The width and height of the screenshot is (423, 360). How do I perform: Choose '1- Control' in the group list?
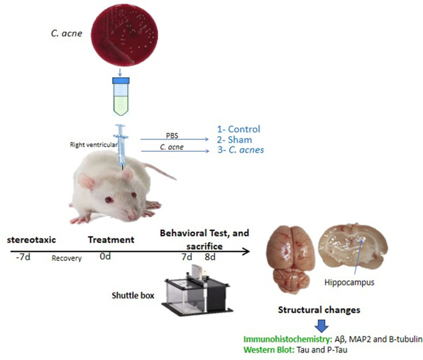[x=239, y=129]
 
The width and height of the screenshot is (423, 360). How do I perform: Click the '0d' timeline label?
[x=104, y=256]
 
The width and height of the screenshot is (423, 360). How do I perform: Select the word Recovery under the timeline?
[x=66, y=258]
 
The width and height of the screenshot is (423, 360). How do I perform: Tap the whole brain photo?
[x=292, y=258]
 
